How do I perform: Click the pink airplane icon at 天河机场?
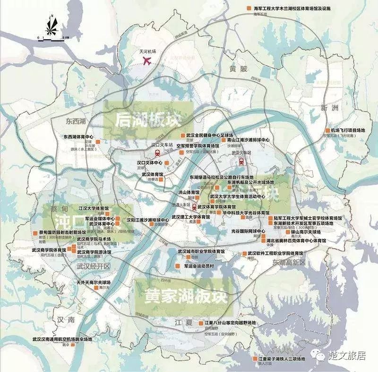(147, 61)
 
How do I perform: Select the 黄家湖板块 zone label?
(181, 296)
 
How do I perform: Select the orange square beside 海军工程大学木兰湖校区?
(248, 9)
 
